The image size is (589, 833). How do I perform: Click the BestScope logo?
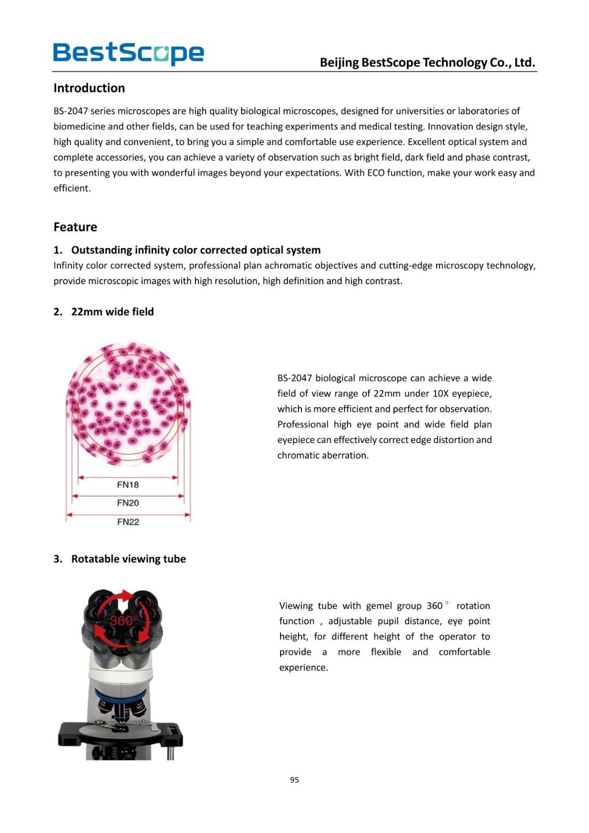[x=128, y=53]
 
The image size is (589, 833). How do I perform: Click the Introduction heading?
[x=89, y=88]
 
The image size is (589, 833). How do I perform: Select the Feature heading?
[x=75, y=227]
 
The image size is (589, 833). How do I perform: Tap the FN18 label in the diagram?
[x=128, y=485]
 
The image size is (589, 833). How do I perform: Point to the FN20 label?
[x=128, y=503]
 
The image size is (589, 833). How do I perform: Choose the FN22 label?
[x=128, y=522]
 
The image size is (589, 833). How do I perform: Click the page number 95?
[x=294, y=780]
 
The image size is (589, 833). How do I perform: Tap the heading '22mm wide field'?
[x=112, y=312]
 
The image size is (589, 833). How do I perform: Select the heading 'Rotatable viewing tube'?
[x=128, y=559]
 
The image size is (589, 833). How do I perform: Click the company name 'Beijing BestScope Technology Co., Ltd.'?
[x=427, y=63]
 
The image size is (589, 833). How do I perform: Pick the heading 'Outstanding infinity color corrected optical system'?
[x=196, y=250]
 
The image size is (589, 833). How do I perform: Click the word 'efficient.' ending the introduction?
[x=72, y=188]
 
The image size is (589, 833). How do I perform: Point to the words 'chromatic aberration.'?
[x=323, y=456]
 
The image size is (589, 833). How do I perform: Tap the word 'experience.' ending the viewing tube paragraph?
[x=303, y=668]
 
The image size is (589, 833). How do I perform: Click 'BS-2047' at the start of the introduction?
[x=71, y=111]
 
